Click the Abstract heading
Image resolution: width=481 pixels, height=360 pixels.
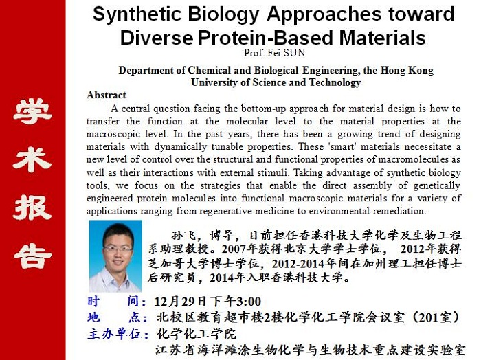coord(107,95)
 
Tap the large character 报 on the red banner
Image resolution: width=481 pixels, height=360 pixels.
coord(32,207)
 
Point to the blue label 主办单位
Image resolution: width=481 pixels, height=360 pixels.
coord(118,334)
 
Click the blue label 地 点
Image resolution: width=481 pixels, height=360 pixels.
coord(118,317)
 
